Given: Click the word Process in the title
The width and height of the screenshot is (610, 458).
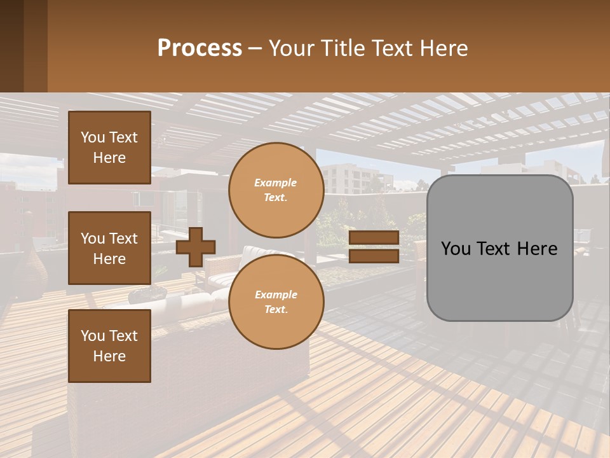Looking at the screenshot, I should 200,48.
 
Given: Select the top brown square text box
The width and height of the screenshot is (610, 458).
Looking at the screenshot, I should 109,148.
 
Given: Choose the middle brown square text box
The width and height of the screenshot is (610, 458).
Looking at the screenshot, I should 109,248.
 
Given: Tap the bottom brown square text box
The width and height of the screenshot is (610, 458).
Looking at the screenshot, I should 109,346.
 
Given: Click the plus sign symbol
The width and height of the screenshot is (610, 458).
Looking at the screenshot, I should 196,247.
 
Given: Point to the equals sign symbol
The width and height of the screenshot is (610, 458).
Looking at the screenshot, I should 374,247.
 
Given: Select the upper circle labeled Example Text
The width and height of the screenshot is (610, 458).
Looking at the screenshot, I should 276,190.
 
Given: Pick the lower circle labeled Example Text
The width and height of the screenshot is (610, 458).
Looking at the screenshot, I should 276,302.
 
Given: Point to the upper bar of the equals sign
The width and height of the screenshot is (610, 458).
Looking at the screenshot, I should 374,238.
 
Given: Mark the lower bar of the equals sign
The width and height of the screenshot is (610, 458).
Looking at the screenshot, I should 374,256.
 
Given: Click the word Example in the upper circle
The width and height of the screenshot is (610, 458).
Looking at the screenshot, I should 276,183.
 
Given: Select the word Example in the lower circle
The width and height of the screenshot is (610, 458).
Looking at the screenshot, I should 276,295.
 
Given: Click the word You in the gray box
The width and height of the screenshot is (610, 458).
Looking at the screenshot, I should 456,248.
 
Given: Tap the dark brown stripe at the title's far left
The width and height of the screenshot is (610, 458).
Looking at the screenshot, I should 11,46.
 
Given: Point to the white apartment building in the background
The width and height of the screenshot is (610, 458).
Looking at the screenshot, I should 346,178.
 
